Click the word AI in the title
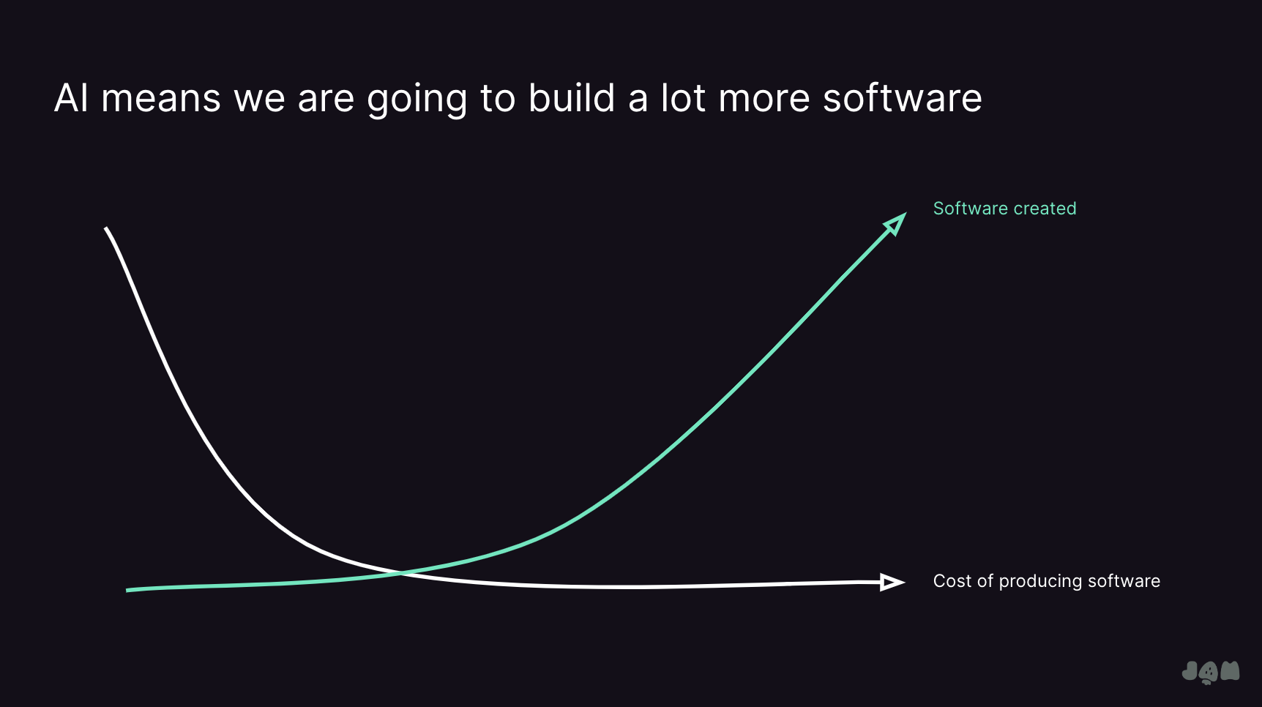point(71,98)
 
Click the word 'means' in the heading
point(160,99)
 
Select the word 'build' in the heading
point(572,98)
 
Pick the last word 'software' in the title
point(902,98)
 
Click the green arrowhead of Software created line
point(896,224)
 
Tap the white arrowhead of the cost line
point(892,582)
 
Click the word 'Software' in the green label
point(971,209)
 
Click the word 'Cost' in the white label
point(952,581)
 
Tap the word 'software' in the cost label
point(1124,581)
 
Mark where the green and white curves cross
point(401,572)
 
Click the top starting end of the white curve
point(107,229)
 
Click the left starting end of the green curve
point(128,590)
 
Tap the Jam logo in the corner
point(1210,672)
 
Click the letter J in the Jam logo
point(1190,671)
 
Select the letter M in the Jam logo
point(1230,671)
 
